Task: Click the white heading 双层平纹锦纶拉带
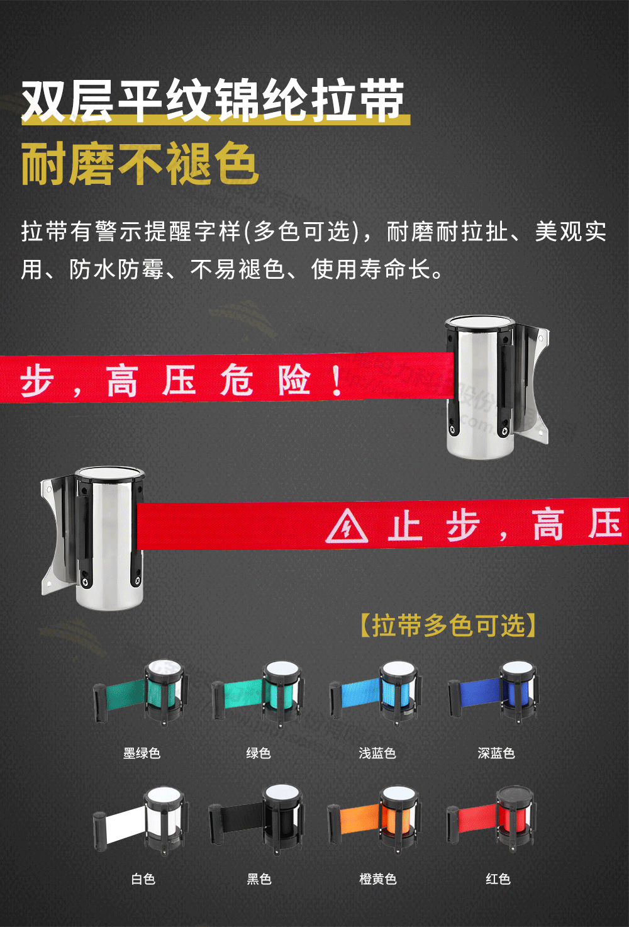213,100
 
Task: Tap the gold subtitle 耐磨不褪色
140,164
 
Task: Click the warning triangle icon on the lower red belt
347,527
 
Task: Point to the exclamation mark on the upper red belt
337,380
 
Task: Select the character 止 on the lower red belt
404,526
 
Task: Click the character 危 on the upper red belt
237,380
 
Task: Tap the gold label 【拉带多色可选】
448,626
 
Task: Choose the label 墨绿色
142,753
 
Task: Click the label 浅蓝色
377,753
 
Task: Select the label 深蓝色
496,753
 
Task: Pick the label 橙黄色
377,879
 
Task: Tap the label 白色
143,879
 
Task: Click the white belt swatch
126,824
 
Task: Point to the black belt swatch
242,820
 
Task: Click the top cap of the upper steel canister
481,324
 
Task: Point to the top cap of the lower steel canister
109,474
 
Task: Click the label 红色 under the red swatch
498,879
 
